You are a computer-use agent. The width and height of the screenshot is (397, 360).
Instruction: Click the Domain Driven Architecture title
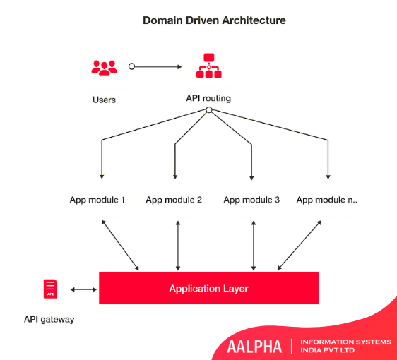pos(214,20)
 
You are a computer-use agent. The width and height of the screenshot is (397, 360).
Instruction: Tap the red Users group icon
pos(105,68)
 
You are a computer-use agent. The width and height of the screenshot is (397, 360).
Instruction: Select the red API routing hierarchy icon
pos(209,65)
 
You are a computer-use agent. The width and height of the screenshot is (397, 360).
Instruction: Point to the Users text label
pos(104,100)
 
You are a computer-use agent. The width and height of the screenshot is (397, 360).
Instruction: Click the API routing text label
pos(208,98)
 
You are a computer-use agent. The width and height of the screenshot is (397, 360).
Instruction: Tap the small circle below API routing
pos(209,110)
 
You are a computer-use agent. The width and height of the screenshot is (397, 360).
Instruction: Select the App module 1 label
pos(97,200)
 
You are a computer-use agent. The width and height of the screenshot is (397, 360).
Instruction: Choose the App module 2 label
pos(174,200)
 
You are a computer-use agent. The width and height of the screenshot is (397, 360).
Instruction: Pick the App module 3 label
pos(251,200)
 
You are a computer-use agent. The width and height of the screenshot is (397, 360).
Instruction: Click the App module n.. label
pos(327,200)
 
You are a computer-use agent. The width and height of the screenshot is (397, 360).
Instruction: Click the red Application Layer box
pos(209,288)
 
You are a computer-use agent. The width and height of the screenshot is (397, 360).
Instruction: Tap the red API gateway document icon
pos(50,289)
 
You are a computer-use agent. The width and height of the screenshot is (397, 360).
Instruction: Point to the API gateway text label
pos(49,319)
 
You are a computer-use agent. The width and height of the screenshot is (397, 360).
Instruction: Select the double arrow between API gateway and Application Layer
pos(83,289)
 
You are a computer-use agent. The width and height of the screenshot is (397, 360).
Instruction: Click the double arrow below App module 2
pos(178,246)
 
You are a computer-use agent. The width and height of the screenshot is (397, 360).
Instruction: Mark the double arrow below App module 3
pos(254,246)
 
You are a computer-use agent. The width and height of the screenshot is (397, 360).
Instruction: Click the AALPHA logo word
pos(254,347)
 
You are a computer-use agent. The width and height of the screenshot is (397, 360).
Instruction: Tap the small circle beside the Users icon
pos(131,66)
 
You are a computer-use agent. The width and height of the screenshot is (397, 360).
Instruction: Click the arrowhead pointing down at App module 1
pos(102,176)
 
